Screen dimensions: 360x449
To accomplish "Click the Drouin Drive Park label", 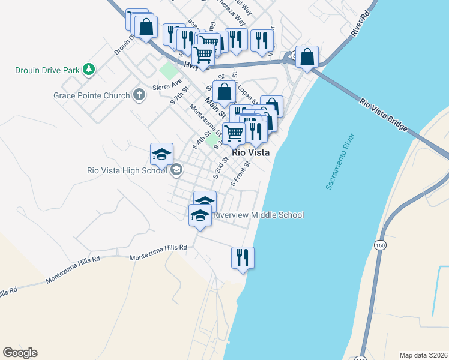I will [x=47, y=70].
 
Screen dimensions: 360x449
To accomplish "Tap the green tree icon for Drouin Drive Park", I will [x=89, y=70].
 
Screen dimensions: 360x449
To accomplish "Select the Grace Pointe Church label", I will [x=91, y=95].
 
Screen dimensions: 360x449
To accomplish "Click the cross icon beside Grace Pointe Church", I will [x=139, y=94].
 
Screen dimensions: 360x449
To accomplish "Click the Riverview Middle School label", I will [x=259, y=215].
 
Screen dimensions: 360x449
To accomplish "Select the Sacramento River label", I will [x=340, y=162].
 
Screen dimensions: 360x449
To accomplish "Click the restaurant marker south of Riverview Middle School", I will [x=243, y=258].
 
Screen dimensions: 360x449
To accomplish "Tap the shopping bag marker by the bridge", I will [x=307, y=58].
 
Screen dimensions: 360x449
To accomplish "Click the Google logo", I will [x=20, y=353].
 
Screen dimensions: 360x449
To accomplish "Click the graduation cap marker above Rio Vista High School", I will [x=161, y=155].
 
